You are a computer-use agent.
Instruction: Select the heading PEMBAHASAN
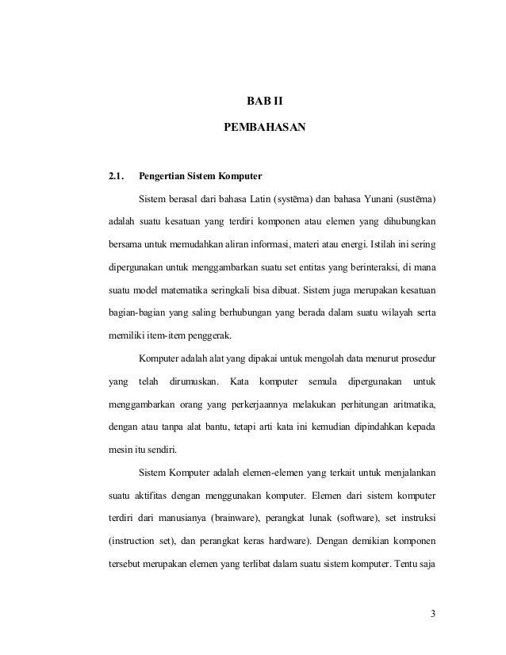265,126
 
